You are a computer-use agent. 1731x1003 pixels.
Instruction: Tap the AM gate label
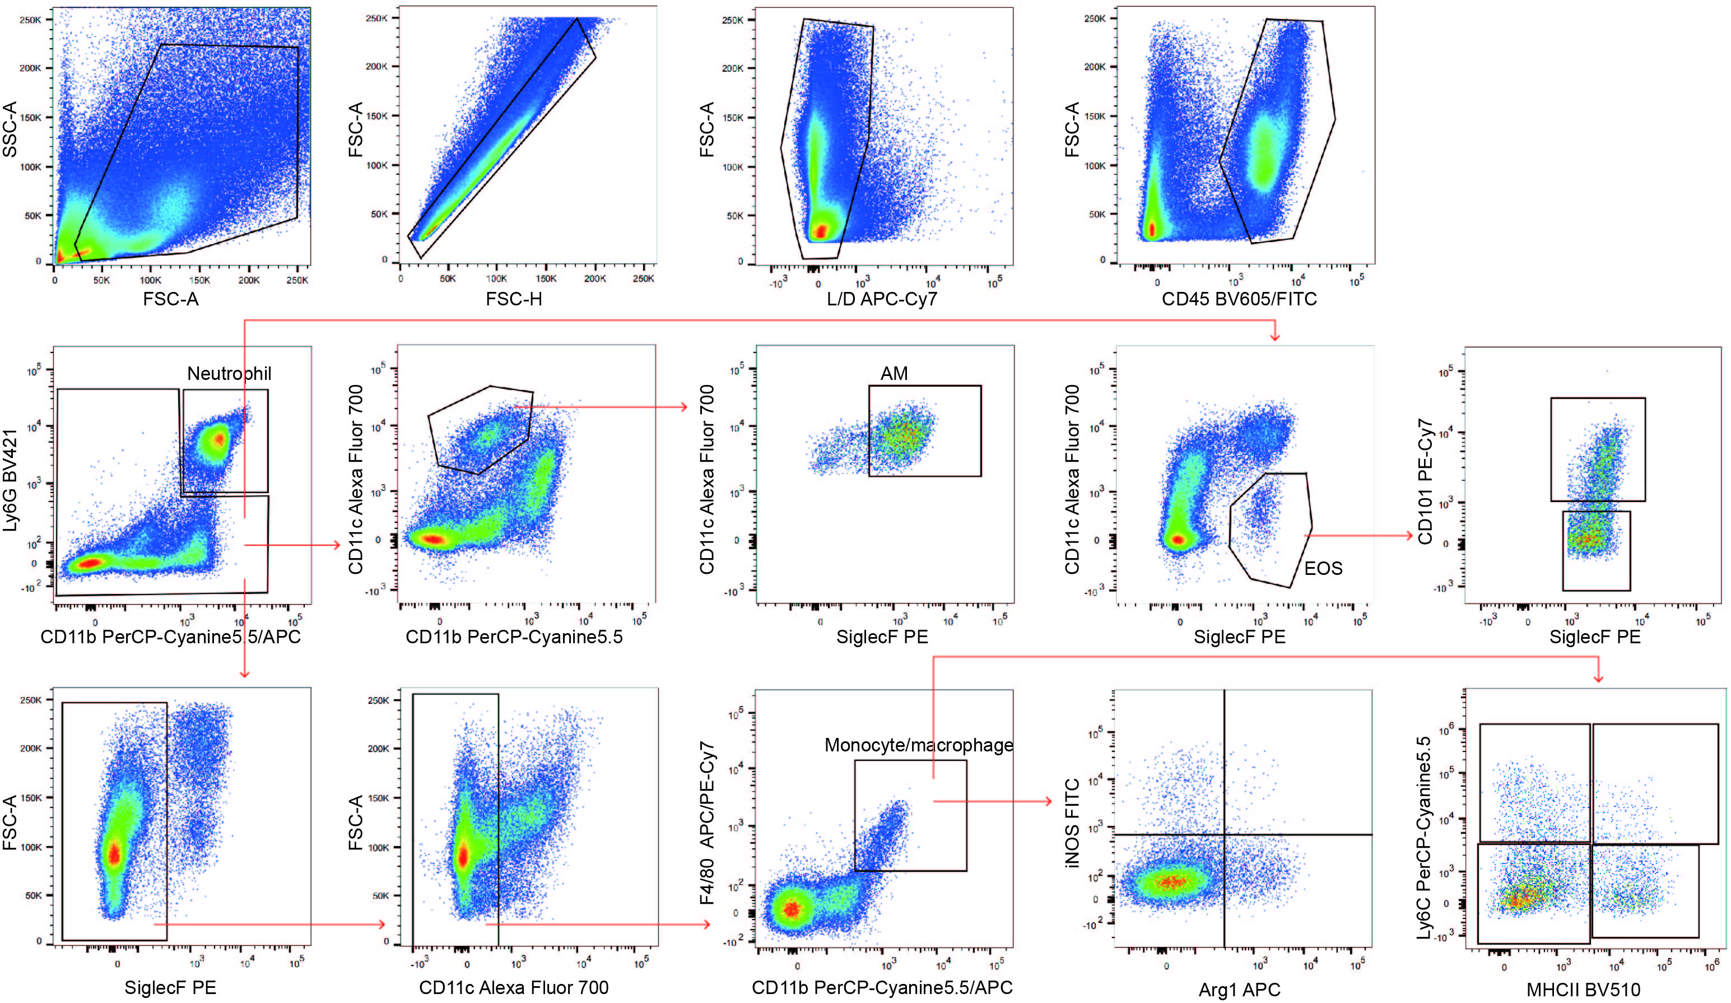click(x=894, y=374)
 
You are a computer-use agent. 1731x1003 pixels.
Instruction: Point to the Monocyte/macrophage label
click(x=918, y=745)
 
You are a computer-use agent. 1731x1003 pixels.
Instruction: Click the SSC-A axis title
click(x=10, y=129)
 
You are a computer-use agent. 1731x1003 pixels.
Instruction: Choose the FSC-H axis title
click(x=514, y=299)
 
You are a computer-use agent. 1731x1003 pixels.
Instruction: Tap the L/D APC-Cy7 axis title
click(x=882, y=299)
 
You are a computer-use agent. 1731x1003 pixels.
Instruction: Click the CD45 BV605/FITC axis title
click(x=1239, y=299)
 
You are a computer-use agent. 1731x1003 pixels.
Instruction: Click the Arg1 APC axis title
click(x=1239, y=990)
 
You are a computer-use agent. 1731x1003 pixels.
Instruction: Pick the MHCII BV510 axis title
click(x=1583, y=990)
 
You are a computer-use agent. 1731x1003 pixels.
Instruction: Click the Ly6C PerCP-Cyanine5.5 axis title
click(x=1425, y=838)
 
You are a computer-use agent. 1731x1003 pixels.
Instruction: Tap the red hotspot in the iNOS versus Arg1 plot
click(x=1171, y=881)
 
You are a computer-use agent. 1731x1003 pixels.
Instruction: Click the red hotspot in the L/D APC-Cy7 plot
click(x=820, y=231)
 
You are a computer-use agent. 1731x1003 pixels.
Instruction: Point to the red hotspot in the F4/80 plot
click(x=792, y=909)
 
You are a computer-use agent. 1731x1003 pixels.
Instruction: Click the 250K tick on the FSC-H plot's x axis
click(x=643, y=279)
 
